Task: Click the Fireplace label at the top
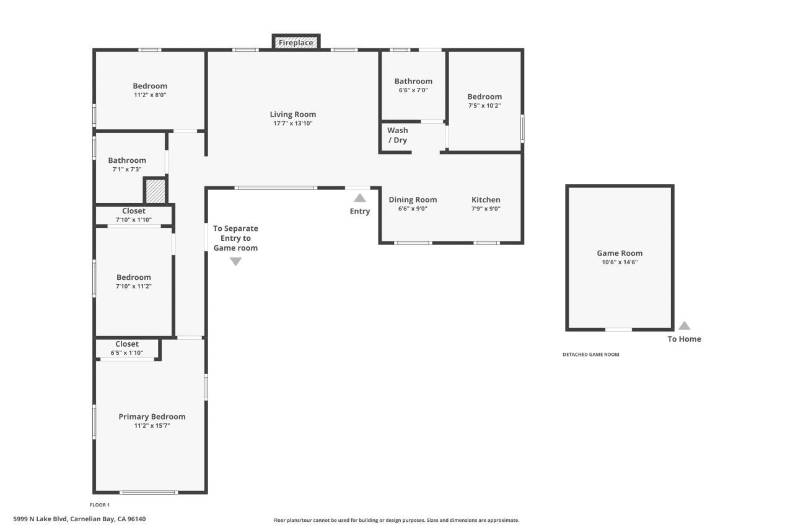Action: tap(296, 43)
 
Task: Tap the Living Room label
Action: tap(292, 114)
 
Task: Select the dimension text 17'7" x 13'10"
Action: tap(292, 123)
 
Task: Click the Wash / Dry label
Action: tap(397, 135)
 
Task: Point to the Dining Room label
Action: tap(413, 199)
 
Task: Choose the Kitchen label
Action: tap(486, 199)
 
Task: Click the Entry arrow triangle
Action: tap(359, 198)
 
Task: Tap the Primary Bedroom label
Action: tap(152, 417)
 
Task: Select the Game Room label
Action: tap(620, 253)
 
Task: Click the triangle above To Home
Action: tap(684, 326)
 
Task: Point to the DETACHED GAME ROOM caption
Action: tap(590, 355)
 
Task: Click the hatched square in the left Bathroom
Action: tap(155, 191)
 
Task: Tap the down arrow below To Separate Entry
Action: tap(235, 261)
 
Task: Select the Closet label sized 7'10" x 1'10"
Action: tap(134, 211)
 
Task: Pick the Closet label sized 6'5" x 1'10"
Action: tap(127, 344)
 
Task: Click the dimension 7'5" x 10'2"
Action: tap(484, 105)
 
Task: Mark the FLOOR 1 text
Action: tap(100, 505)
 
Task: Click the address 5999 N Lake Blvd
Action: tap(79, 519)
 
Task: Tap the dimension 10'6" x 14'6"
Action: tap(620, 262)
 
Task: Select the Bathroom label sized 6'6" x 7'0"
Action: tap(413, 81)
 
